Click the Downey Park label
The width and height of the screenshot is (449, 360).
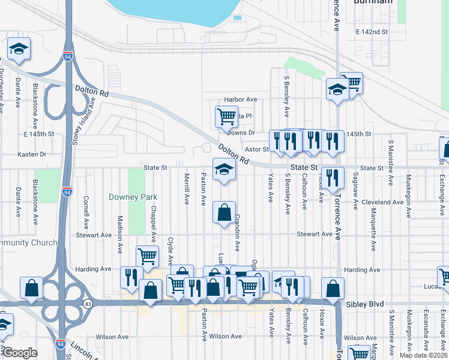click(x=133, y=197)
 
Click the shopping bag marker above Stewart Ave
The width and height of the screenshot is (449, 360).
click(x=224, y=212)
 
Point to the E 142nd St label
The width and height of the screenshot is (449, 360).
click(x=372, y=31)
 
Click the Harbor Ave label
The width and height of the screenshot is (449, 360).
click(x=240, y=100)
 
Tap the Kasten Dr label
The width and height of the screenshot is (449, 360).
click(x=32, y=154)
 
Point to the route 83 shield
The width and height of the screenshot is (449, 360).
click(x=88, y=303)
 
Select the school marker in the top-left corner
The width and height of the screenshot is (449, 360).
click(x=19, y=50)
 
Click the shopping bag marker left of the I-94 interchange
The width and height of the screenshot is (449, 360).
click(x=31, y=289)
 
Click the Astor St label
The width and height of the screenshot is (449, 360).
click(x=256, y=149)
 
